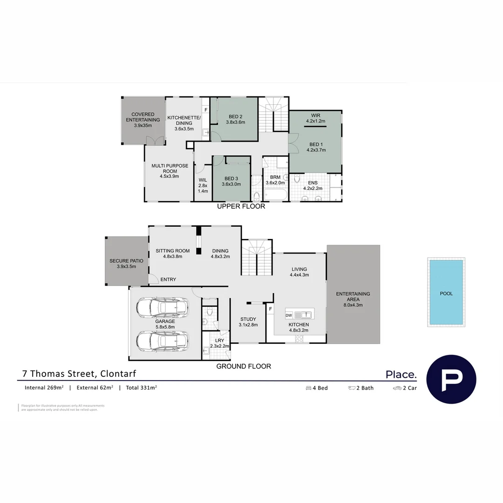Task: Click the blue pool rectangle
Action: pos(446,292)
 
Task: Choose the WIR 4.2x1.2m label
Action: pos(316,118)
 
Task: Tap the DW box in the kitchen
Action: pos(289,316)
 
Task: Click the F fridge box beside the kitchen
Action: pos(270,308)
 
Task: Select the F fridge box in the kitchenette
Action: pos(205,110)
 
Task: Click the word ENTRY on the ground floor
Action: pos(168,279)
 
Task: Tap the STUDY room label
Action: pos(248,322)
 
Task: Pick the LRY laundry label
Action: pos(219,343)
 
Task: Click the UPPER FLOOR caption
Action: pos(241,206)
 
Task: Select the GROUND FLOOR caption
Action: pos(244,367)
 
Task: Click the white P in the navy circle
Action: pos(451,379)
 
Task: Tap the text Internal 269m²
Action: pos(44,387)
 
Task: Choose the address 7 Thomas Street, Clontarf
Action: pos(79,374)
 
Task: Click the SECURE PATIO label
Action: pos(126,264)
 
